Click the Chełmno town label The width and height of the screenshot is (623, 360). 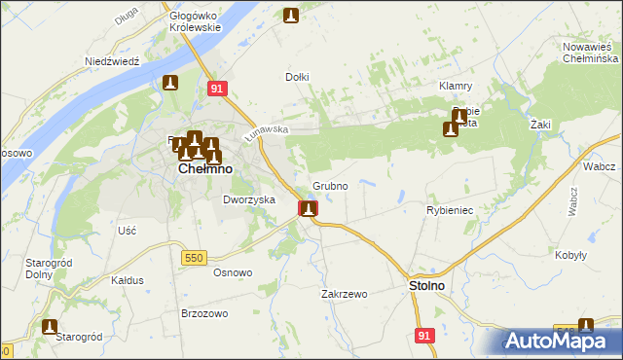(x=204, y=168)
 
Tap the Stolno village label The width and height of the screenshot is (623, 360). (x=424, y=286)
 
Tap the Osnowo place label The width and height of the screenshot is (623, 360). (x=233, y=272)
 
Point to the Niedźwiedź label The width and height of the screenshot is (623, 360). (x=113, y=60)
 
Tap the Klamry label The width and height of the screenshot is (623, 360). (x=456, y=86)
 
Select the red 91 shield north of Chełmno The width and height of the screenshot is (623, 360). (x=218, y=89)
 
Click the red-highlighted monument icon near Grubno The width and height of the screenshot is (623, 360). (x=308, y=208)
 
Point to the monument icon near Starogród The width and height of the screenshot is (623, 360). (x=49, y=328)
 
